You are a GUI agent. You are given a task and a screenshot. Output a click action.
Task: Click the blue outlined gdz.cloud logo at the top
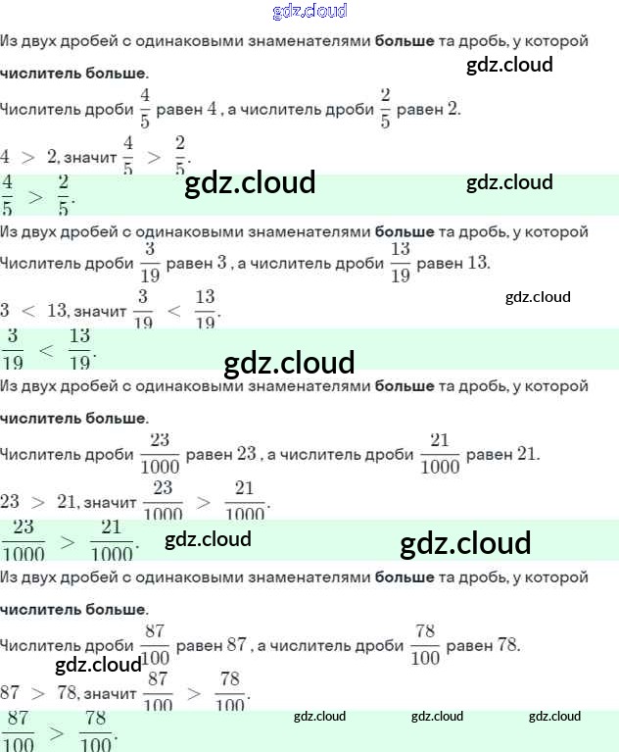[309, 12]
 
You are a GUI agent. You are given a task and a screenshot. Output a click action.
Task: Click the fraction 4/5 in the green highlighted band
[8, 195]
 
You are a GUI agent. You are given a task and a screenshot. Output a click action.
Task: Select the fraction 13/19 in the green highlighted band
[79, 348]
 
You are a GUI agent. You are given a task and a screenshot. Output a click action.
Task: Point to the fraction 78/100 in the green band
[95, 730]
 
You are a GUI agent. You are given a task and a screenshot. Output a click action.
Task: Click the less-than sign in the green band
[46, 349]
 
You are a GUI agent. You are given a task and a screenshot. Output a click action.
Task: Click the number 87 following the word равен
[236, 645]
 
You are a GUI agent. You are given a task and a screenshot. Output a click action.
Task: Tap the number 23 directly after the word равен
[246, 454]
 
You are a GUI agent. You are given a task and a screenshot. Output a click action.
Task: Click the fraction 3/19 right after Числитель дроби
[150, 262]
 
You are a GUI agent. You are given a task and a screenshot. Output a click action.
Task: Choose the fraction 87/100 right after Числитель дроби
[155, 644]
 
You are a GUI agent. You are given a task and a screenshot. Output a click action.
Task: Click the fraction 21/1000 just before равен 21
[440, 453]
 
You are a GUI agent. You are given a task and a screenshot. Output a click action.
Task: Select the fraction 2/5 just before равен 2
[385, 108]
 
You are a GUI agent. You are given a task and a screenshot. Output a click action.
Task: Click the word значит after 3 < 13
[100, 311]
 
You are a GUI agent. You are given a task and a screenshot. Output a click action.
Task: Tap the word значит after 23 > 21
[110, 502]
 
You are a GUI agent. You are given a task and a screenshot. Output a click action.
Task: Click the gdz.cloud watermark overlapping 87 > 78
[98, 666]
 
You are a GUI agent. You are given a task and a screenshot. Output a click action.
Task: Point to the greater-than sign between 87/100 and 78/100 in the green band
[57, 731]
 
